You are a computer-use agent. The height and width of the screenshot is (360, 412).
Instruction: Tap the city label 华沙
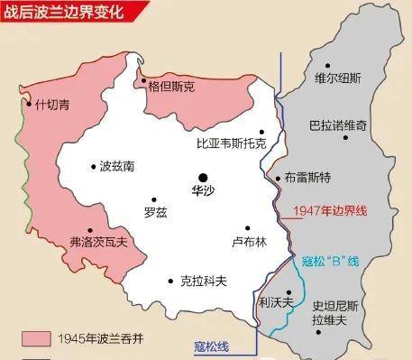[x=205, y=191]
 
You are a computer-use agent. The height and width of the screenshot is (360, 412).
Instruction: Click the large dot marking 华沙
[x=205, y=176]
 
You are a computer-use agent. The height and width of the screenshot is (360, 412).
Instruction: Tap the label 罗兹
[x=155, y=213]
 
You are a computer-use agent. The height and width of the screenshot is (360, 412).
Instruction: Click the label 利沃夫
[x=275, y=303]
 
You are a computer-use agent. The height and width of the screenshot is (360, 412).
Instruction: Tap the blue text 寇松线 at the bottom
[x=212, y=346]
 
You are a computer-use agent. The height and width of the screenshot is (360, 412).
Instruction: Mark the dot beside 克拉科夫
[x=170, y=281]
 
